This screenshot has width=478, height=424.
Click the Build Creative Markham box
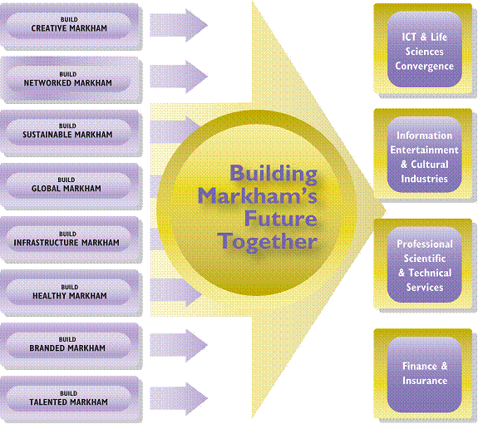tap(70, 25)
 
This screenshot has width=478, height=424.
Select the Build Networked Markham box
tap(70, 79)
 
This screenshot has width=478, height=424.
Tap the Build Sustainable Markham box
tap(70, 132)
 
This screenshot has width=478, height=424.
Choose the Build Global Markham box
tap(70, 185)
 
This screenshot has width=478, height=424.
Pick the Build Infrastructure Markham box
tap(70, 239)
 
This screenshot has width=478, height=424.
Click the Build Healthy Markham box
tap(70, 292)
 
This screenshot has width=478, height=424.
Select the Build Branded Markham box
tap(70, 345)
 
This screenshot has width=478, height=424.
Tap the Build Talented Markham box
tap(70, 398)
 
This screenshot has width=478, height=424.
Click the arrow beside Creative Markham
tap(179, 25)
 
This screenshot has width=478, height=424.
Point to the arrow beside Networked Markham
tap(179, 76)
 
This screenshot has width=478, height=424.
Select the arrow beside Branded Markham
tap(179, 345)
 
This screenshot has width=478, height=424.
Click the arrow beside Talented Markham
tap(179, 399)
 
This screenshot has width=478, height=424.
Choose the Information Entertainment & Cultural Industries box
tap(423, 154)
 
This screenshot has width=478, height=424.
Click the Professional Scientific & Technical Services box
tap(423, 264)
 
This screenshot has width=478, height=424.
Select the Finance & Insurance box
tap(423, 373)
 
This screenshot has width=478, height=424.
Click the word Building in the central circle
tap(273, 174)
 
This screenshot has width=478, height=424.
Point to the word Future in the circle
tap(281, 219)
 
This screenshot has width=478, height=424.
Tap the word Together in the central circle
tap(268, 242)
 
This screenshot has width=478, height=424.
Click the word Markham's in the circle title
tap(258, 195)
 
